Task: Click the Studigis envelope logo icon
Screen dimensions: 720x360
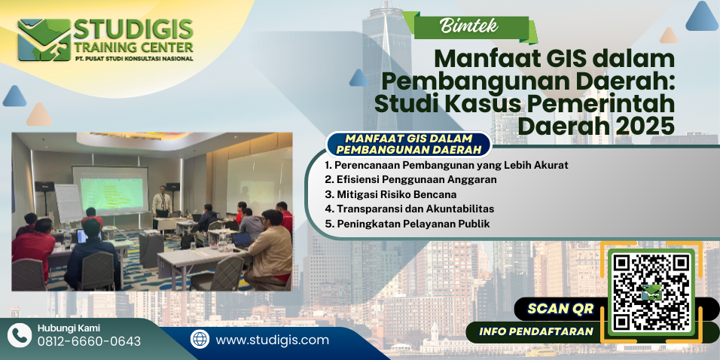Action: (x=44, y=40)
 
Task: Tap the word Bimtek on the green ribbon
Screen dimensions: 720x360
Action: (x=468, y=26)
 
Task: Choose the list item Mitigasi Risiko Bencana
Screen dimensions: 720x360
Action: (x=390, y=194)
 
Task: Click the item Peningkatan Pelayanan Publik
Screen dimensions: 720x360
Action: (x=407, y=224)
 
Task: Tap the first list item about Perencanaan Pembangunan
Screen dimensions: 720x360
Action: (x=447, y=165)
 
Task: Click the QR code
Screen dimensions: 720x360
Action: (x=651, y=293)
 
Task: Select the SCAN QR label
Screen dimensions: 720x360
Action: (x=560, y=309)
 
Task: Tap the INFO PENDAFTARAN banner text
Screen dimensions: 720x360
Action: (x=536, y=331)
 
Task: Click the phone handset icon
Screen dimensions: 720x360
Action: (x=20, y=335)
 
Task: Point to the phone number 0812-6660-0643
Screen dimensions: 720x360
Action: (x=89, y=341)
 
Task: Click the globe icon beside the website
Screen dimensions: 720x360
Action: (x=200, y=340)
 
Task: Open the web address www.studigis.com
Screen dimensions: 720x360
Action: (x=273, y=340)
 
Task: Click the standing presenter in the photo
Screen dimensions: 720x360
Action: (x=162, y=202)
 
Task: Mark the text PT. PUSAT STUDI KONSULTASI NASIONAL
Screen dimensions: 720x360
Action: (x=133, y=58)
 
